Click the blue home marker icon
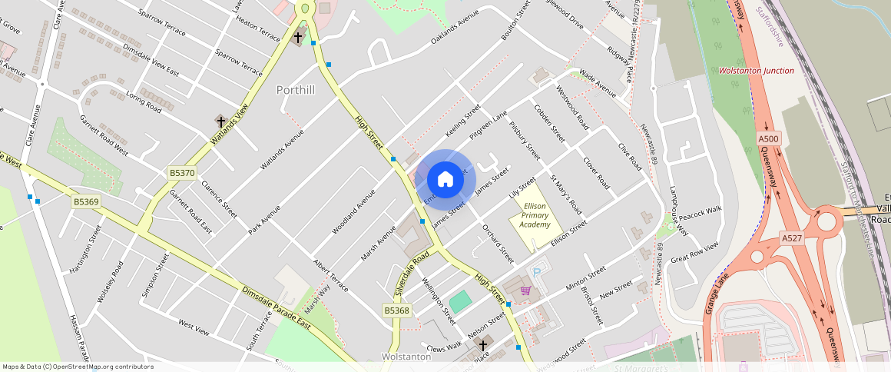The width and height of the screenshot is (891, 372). click(x=445, y=180)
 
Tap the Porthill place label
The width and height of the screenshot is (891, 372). click(x=296, y=90)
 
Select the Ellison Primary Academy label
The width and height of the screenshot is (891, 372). click(x=535, y=215)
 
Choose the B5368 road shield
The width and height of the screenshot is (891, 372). click(x=397, y=311)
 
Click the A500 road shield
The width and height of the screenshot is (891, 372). click(x=768, y=138)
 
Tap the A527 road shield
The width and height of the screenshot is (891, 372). click(x=791, y=238)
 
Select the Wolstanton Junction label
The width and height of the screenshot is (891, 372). click(x=757, y=71)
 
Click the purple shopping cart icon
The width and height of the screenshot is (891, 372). click(x=525, y=291)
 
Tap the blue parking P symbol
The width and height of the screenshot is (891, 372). click(x=538, y=270)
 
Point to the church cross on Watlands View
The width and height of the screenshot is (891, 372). click(x=220, y=121)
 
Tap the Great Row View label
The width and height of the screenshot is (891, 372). click(x=694, y=252)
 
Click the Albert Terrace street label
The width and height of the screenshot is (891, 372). click(x=330, y=275)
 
